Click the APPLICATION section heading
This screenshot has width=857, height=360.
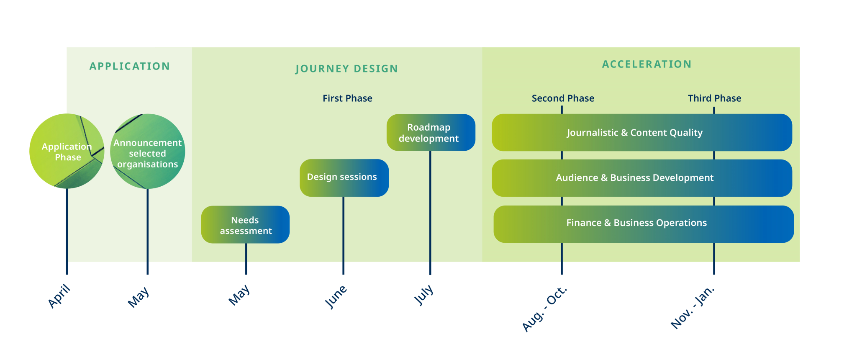130,66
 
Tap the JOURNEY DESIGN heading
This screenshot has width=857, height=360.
346,69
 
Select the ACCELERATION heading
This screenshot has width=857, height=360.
647,64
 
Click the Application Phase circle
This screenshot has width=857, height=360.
67,151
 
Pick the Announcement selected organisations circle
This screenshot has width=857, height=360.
147,152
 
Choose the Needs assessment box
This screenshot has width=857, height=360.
245,225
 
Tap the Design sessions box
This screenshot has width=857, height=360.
344,177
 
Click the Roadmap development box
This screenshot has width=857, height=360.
431,133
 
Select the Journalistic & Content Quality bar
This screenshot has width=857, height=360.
641,133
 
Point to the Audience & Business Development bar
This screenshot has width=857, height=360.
641,178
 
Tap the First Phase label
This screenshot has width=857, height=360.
347,98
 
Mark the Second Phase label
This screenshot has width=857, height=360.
563,98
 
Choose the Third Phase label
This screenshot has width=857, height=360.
714,98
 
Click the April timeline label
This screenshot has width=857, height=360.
59,296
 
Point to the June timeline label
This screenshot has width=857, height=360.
336,296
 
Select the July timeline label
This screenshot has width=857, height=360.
423,295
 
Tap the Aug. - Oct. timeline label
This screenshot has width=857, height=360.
544,309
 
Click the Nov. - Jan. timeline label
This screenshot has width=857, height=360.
693,308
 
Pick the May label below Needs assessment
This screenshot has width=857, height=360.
239,295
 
